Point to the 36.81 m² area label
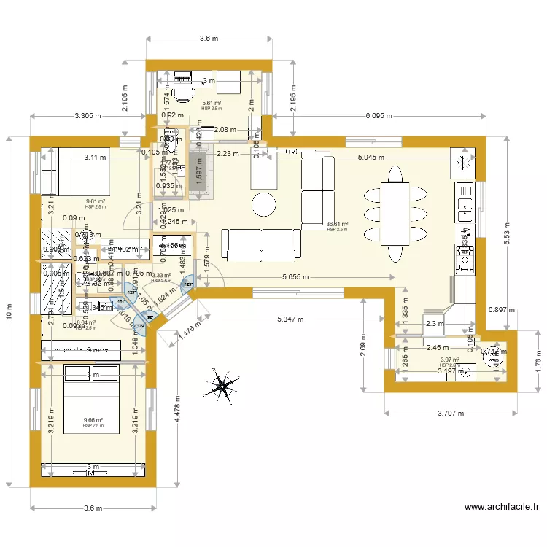point(337,225)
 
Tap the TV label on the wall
point(290,152)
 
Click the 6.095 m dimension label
point(388,115)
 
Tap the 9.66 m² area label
point(93,420)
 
